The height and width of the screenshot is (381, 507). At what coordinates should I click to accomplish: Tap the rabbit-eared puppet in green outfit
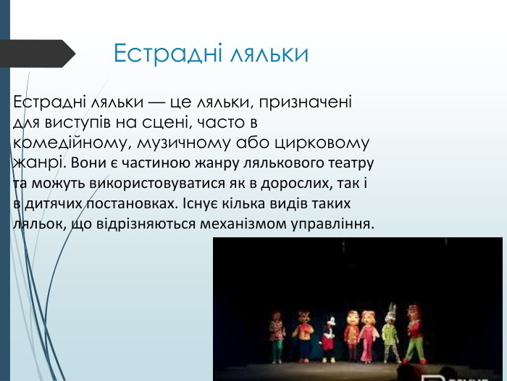(x=390, y=334)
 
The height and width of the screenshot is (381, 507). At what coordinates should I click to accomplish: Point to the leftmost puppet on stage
(x=276, y=336)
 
